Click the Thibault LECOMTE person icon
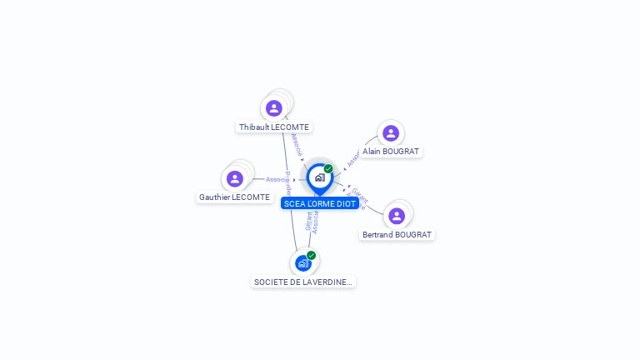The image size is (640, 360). [x=274, y=108]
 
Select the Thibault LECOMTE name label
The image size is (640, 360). [x=274, y=127]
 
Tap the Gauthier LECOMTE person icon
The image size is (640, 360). [x=235, y=178]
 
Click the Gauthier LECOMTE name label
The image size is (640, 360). [x=234, y=197]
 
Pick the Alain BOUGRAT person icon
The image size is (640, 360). [x=390, y=133]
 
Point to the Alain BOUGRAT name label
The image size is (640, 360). [x=391, y=152]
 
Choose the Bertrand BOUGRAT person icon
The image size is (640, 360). [x=397, y=216]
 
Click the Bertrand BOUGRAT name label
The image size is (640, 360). [x=397, y=235]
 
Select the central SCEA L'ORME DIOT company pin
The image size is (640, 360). [x=319, y=177]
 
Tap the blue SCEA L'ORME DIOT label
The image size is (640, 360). [x=320, y=203]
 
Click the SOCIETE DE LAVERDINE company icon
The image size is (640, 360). [x=302, y=263]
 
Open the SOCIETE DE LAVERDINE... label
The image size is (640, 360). [x=303, y=282]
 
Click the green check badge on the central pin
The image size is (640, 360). [x=328, y=168]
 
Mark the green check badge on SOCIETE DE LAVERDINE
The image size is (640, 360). [x=311, y=255]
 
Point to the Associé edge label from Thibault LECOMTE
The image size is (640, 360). [x=296, y=142]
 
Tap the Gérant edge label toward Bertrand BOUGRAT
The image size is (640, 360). [x=359, y=195]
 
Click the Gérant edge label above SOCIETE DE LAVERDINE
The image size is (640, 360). [x=308, y=222]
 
